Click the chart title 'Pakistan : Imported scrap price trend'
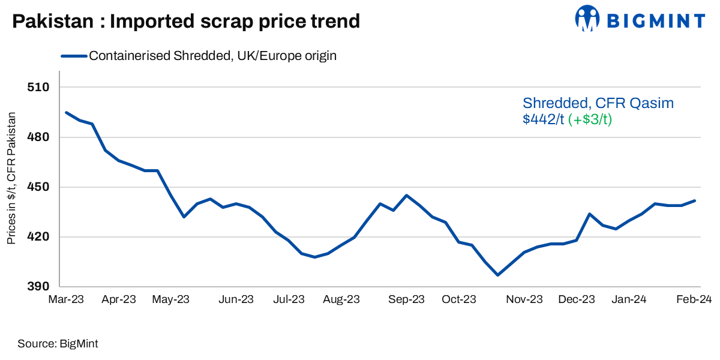pos(186,22)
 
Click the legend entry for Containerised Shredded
pos(212,56)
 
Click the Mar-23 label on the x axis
pos(66,300)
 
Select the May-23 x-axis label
pos(171,300)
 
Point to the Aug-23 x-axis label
pos(341,300)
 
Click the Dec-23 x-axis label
pos(576,300)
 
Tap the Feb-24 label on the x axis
pos(694,300)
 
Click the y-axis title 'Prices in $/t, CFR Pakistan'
pos(11,178)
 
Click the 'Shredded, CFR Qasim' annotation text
pos(598,103)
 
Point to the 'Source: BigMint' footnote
pos(58,344)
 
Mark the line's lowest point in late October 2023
pos(497,275)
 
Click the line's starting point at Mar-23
pos(66,112)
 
